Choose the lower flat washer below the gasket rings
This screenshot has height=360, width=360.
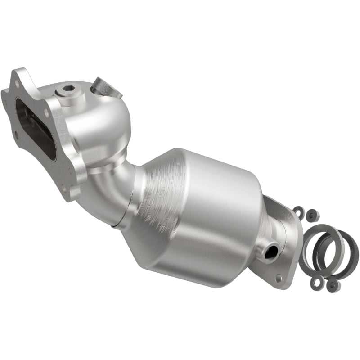click(317, 282)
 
